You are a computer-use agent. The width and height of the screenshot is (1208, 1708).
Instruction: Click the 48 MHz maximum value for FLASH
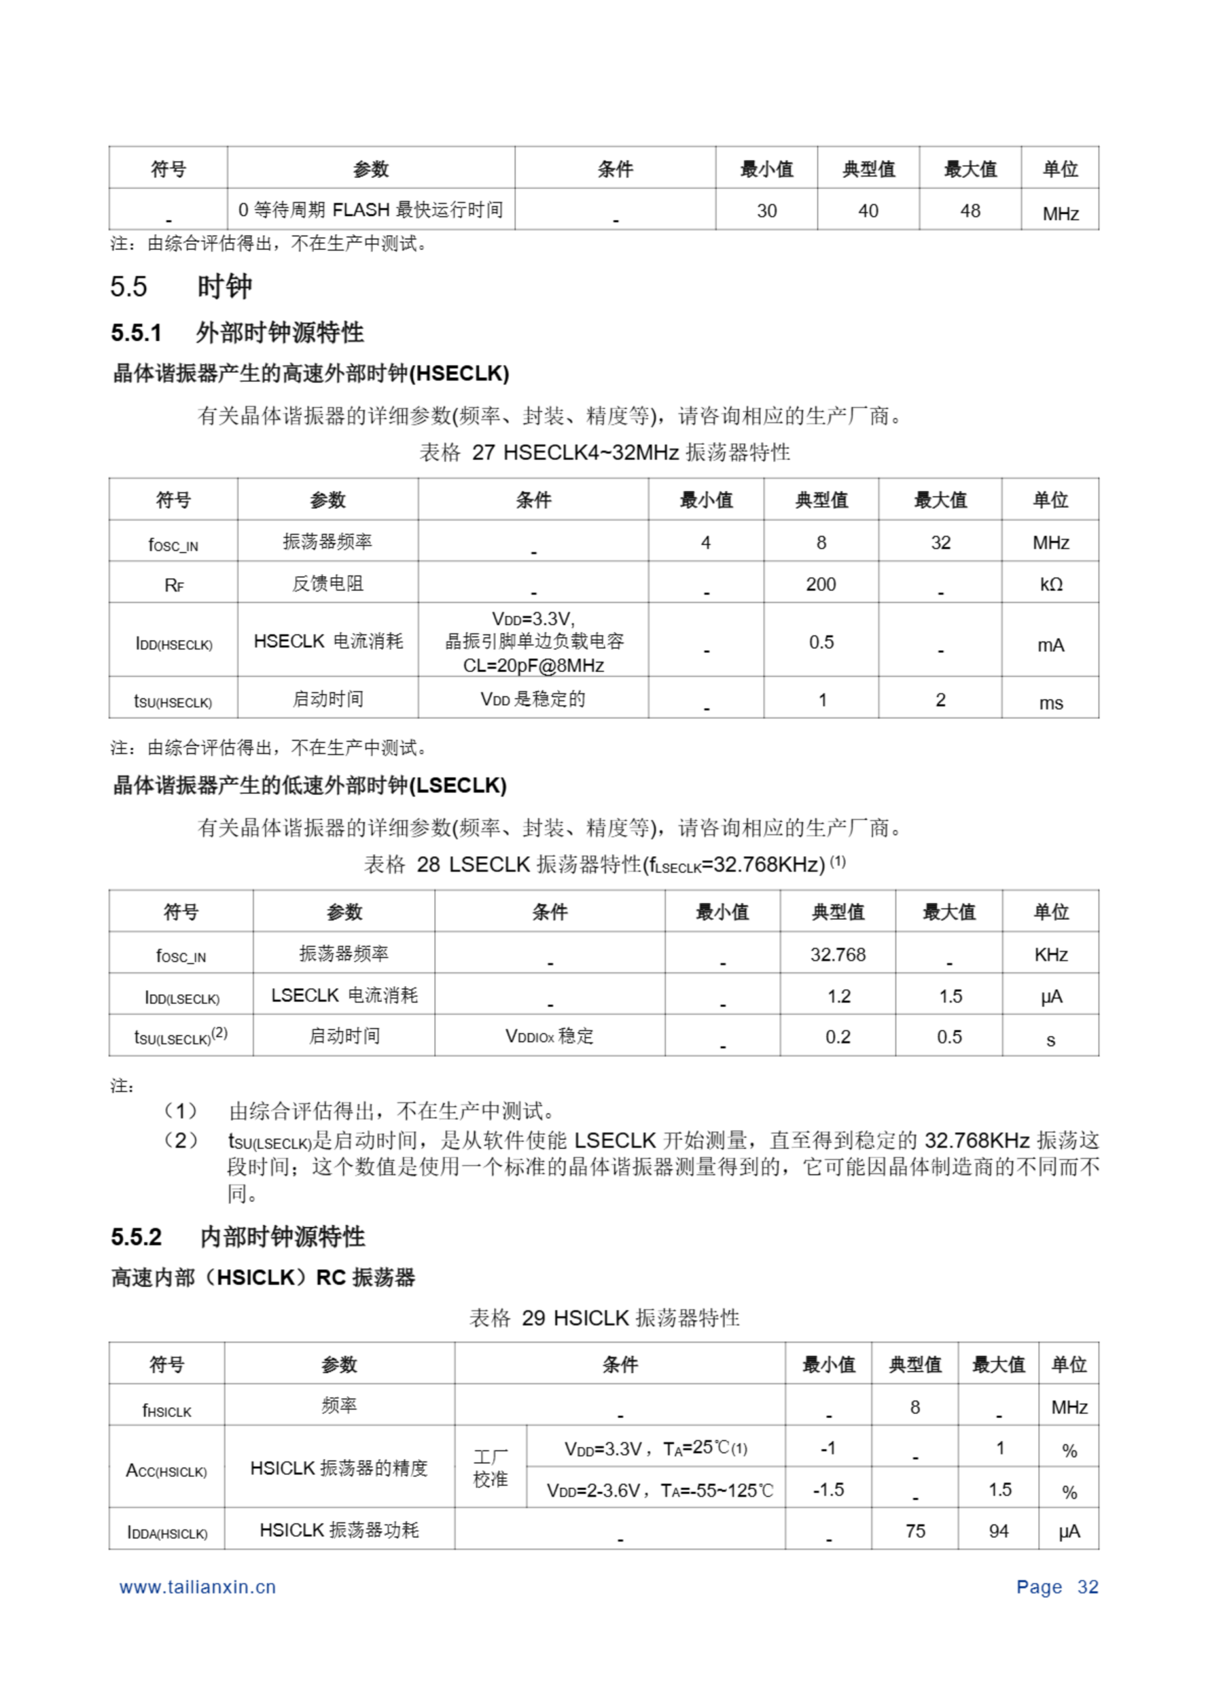coord(969,211)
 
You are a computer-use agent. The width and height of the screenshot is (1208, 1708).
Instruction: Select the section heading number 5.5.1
coord(136,332)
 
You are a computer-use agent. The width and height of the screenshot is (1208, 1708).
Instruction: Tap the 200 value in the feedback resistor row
coord(820,584)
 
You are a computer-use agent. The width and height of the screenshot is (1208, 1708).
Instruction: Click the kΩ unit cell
coord(1050,584)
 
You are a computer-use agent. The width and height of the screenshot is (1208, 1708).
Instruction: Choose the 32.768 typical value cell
coord(838,955)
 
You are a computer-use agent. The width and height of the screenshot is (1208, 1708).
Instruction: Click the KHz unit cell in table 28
coord(1050,955)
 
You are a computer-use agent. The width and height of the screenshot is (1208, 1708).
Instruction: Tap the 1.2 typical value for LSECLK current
coord(838,996)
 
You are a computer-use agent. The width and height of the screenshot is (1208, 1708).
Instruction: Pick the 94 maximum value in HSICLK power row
coord(998,1531)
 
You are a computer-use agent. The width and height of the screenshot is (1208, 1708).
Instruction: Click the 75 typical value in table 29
coord(915,1531)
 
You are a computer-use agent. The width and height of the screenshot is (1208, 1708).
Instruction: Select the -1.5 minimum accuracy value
coord(828,1489)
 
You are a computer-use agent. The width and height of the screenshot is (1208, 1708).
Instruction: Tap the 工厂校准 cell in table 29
coord(491,1468)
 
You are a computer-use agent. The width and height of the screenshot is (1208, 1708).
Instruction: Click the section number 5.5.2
coord(136,1237)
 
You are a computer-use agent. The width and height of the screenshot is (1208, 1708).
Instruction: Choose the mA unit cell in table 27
coord(1050,645)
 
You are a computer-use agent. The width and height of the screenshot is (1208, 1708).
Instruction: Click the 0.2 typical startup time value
coord(838,1037)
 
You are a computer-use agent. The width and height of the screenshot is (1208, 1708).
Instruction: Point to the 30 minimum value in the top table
coord(766,211)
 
